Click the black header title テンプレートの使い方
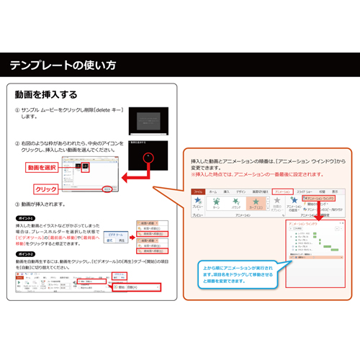coord(63,66)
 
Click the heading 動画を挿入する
coord(46,94)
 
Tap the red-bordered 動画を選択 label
coord(42,168)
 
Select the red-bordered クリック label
coord(46,189)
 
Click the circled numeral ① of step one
coord(17,110)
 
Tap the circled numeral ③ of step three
coord(17,204)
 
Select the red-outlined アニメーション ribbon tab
coord(282,192)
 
